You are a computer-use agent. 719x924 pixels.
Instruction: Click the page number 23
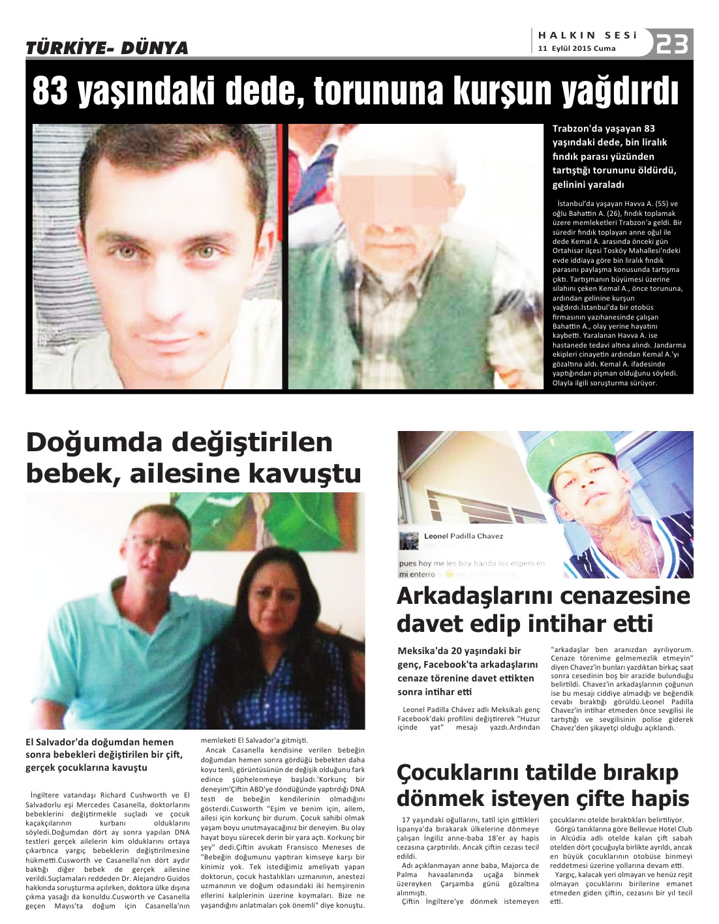[672, 44]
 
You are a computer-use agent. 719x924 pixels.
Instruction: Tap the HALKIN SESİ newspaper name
[588, 35]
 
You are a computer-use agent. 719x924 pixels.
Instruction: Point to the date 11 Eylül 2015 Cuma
[577, 48]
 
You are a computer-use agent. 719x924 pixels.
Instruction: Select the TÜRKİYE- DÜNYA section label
[107, 48]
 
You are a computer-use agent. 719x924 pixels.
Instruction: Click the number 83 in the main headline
[50, 92]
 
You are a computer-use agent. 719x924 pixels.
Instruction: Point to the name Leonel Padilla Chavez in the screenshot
[463, 536]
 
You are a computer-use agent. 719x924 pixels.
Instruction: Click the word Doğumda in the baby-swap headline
[94, 443]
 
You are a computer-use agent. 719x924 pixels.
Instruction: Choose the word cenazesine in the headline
[626, 595]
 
